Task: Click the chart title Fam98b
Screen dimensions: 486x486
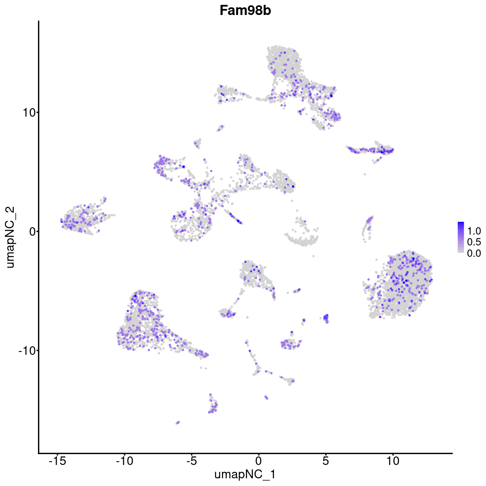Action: (245, 11)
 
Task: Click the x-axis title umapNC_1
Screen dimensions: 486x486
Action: (245, 474)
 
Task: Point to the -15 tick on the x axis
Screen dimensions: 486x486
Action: (57, 460)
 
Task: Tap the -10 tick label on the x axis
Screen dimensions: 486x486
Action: (124, 460)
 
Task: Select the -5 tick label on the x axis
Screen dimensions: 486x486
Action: (191, 460)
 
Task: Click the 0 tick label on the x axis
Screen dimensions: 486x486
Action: (258, 460)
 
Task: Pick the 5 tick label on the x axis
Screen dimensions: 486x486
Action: (326, 460)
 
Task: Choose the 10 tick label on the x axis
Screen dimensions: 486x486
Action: (392, 460)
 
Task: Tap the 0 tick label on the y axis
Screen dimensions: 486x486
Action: (31, 231)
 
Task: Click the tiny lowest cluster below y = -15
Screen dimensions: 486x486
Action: (177, 422)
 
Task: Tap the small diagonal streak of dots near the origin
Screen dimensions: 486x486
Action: (234, 216)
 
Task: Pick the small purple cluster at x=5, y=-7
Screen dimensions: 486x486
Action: (326, 318)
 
